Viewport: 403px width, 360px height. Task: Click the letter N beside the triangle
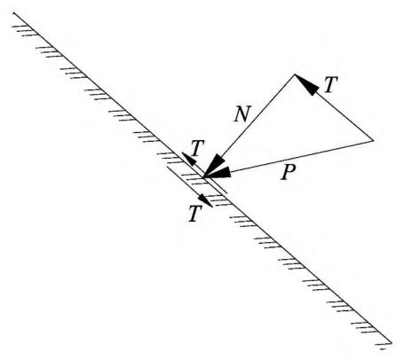click(242, 114)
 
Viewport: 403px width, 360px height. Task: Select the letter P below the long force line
click(288, 172)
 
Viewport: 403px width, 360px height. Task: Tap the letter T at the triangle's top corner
click(331, 85)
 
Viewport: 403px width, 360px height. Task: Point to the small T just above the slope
click(197, 148)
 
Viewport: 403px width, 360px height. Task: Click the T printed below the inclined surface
click(195, 214)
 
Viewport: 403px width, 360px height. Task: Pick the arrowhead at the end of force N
click(215, 166)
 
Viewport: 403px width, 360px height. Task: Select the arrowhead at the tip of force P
click(218, 173)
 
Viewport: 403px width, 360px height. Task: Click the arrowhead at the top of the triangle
click(306, 85)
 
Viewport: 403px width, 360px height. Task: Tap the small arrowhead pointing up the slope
click(189, 160)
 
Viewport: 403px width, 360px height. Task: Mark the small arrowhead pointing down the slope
click(205, 200)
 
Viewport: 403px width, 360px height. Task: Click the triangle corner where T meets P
click(373, 141)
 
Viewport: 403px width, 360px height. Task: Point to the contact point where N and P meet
click(204, 177)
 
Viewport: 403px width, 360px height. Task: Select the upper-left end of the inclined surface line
click(13, 12)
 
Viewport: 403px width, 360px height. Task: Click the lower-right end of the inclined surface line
click(391, 343)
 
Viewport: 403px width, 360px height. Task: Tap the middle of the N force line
click(249, 126)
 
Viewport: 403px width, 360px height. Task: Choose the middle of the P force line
click(288, 159)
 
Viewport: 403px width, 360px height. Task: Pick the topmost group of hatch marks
click(25, 30)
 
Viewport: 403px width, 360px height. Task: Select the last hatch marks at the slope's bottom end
click(383, 347)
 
